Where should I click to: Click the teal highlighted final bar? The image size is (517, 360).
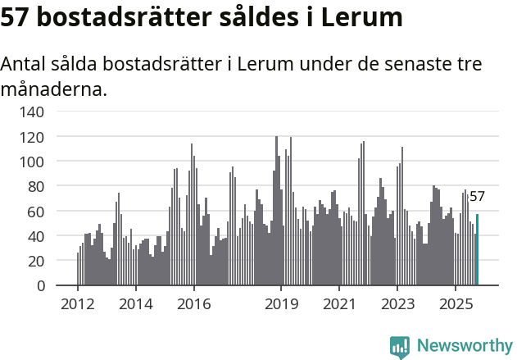tap(477, 250)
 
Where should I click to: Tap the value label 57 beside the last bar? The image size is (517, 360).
tap(477, 197)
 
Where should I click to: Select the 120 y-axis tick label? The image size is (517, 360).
tap(43, 136)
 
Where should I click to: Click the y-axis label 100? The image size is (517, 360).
tap(43, 162)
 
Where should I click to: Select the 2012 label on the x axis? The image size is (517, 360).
tap(78, 304)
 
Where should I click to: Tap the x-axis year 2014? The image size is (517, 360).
tap(135, 304)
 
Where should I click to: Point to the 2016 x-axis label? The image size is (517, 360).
tap(193, 304)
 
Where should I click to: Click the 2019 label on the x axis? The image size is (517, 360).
tap(280, 304)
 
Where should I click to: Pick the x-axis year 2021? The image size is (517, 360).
tap(338, 304)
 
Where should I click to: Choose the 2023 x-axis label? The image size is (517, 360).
tap(397, 304)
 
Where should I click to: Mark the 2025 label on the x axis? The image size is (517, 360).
tap(455, 304)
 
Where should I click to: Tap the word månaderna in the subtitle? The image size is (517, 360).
tap(54, 89)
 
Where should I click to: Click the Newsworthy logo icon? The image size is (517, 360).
tap(400, 347)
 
